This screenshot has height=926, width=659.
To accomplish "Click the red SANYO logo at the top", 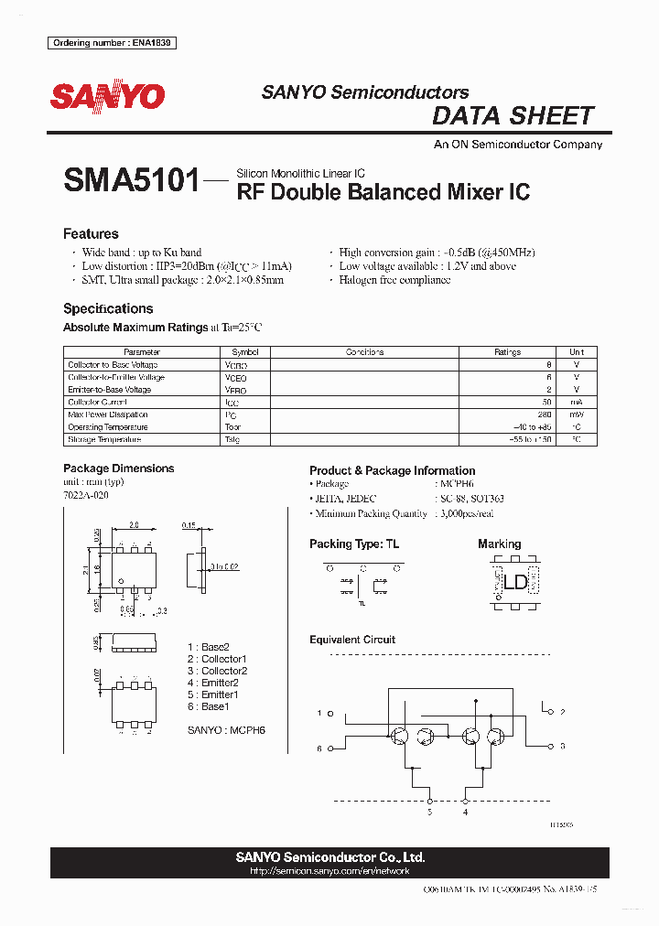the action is coord(107,96).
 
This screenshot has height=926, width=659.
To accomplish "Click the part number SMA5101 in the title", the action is coord(131,181).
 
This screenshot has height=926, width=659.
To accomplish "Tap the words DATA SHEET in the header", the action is coord(513,116).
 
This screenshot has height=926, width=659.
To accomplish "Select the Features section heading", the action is coord(91,233).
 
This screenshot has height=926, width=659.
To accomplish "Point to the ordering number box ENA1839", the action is coord(113,43).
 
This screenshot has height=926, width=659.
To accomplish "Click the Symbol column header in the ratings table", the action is coord(245,352).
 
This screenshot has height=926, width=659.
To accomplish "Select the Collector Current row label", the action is coord(98,402).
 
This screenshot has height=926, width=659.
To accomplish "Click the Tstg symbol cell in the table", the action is coord(232,439).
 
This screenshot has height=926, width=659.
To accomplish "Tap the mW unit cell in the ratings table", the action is coord(577,415).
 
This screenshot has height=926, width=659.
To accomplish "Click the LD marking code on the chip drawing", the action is coord(514,581).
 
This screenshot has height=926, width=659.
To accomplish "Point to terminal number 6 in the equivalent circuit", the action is coord(319,748).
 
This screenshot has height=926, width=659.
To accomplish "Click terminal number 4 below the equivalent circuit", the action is coord(465,812).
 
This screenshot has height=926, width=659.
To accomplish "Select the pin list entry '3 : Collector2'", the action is coord(217,671).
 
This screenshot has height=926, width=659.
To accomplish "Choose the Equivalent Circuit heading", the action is coord(352,640).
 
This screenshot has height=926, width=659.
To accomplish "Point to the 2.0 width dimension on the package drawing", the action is coord(134,526).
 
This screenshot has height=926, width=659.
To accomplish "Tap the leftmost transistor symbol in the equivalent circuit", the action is coord(400,738).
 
